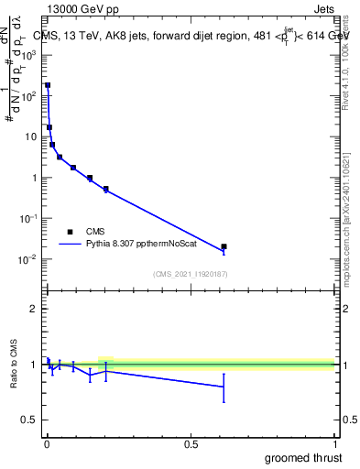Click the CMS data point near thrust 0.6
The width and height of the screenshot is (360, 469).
coord(224,246)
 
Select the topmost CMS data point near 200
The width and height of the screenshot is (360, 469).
coord(48,85)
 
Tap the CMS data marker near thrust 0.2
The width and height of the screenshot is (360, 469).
coord(106,189)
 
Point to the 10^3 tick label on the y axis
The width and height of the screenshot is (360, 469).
coord(29,54)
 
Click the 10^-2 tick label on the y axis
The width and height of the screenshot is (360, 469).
coord(29,259)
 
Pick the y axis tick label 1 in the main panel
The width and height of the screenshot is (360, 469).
coord(35,178)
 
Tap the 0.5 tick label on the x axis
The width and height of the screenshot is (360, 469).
coord(191,445)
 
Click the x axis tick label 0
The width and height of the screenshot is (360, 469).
coord(47,445)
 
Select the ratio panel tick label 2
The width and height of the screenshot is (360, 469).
coord(35,309)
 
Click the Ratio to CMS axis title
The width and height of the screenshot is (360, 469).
coord(14,365)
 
